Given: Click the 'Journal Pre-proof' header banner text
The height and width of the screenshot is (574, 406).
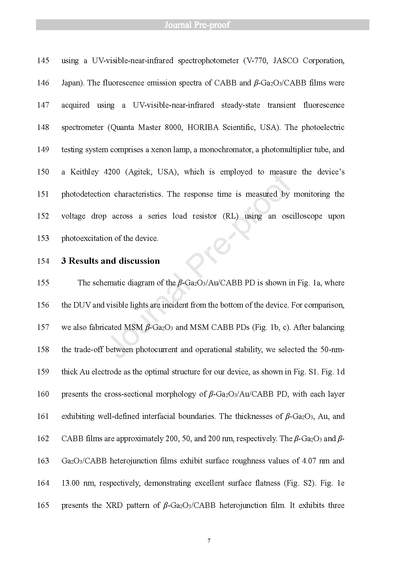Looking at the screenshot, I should click(197, 25).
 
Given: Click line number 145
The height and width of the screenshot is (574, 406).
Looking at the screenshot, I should click(43, 61).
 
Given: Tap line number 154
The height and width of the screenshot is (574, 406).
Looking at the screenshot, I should click(43, 261).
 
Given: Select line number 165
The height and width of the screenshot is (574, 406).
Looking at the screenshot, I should click(43, 505).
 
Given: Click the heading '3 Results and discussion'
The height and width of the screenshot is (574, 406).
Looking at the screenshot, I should click(111, 261).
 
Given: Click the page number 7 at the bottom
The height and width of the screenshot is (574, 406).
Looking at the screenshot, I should click(209, 540).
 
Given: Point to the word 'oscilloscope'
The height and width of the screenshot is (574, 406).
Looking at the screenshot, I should click(302, 216).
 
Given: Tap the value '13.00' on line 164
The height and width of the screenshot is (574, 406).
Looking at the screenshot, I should click(71, 483).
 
